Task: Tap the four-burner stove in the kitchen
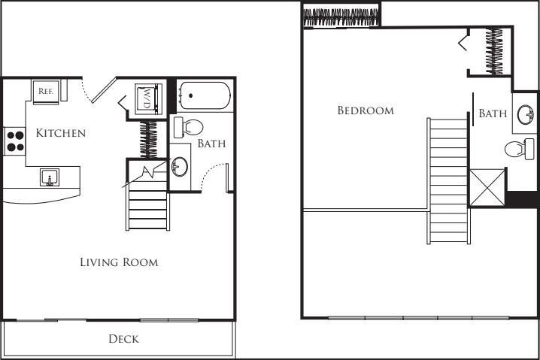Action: coord(15,141)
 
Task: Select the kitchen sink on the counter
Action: coord(49,178)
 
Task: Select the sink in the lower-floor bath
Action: coord(181,166)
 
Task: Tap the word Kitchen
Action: coord(61,133)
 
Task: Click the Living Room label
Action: coord(119,262)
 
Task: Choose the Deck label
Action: coord(123,339)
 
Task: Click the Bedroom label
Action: coord(366,110)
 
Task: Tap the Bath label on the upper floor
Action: coord(493,113)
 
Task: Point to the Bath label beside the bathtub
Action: coord(211,143)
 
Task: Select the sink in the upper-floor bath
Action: coord(525,114)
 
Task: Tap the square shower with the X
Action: coord(486,187)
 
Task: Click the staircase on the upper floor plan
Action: coord(447,180)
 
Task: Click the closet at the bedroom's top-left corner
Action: coord(341,16)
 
